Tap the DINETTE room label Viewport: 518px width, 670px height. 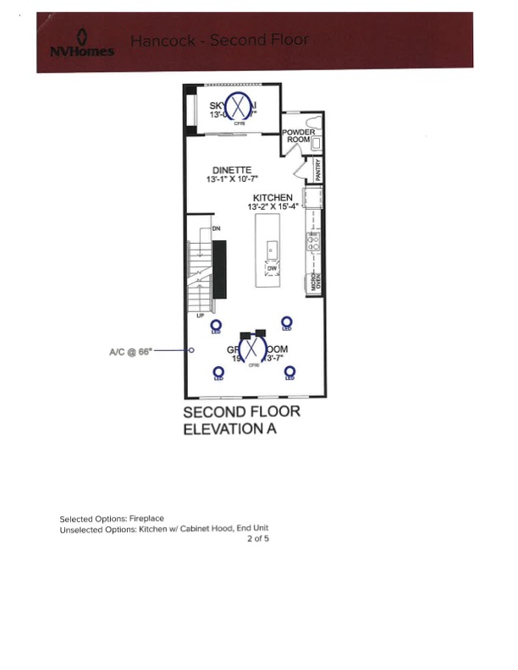click(x=231, y=170)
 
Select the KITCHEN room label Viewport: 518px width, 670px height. click(x=273, y=198)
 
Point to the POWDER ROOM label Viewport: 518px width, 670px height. click(x=298, y=136)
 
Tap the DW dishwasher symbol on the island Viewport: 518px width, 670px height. click(x=272, y=268)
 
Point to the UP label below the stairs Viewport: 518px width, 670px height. click(x=201, y=316)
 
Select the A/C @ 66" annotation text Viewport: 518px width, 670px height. click(x=130, y=350)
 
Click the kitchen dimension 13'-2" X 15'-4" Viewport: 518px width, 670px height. click(x=273, y=207)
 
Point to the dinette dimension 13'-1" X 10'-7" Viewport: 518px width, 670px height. click(x=231, y=179)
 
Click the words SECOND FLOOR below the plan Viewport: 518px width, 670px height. click(x=241, y=413)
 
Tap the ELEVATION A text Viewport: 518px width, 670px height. click(x=230, y=429)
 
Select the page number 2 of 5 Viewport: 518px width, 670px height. click(x=258, y=537)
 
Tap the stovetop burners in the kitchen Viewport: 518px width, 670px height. click(x=312, y=242)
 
